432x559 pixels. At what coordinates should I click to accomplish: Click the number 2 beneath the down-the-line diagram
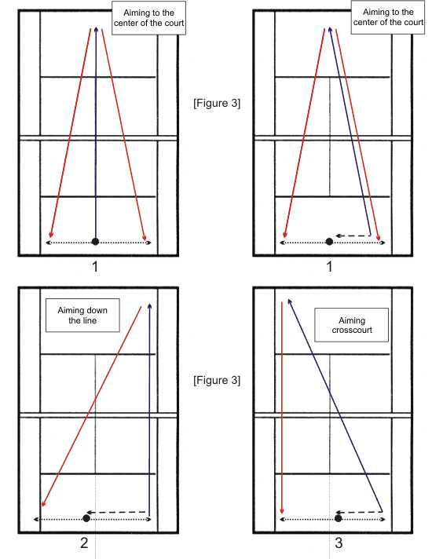pyautogui.click(x=84, y=543)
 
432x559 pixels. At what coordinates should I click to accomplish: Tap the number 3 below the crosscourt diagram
pyautogui.click(x=339, y=543)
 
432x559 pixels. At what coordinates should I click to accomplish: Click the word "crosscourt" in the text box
pyautogui.click(x=352, y=330)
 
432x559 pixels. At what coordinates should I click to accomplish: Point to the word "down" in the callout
pyautogui.click(x=97, y=311)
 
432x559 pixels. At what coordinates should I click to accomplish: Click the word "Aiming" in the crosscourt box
pyautogui.click(x=352, y=320)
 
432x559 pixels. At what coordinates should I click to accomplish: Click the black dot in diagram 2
pyautogui.click(x=86, y=518)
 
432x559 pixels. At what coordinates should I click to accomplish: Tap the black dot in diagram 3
pyautogui.click(x=339, y=518)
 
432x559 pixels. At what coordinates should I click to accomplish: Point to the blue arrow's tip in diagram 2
pyautogui.click(x=149, y=304)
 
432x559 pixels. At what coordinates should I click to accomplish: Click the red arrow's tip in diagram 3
pyautogui.click(x=282, y=513)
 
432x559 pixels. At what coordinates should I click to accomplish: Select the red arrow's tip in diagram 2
pyautogui.click(x=42, y=506)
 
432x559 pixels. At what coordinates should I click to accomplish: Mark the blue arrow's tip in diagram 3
pyautogui.click(x=288, y=299)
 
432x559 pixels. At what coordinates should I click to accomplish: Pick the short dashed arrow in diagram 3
pyautogui.click(x=358, y=512)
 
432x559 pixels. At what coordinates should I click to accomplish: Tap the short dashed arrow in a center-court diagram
pyautogui.click(x=353, y=236)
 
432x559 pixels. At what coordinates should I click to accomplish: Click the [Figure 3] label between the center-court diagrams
pyautogui.click(x=217, y=103)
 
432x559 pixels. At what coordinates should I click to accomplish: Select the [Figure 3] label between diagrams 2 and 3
pyautogui.click(x=217, y=380)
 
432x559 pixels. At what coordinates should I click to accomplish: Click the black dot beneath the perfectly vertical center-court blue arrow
pyautogui.click(x=95, y=241)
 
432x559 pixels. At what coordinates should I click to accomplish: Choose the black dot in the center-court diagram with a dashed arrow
pyautogui.click(x=329, y=241)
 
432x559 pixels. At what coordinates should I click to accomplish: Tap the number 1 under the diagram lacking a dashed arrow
pyautogui.click(x=95, y=266)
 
